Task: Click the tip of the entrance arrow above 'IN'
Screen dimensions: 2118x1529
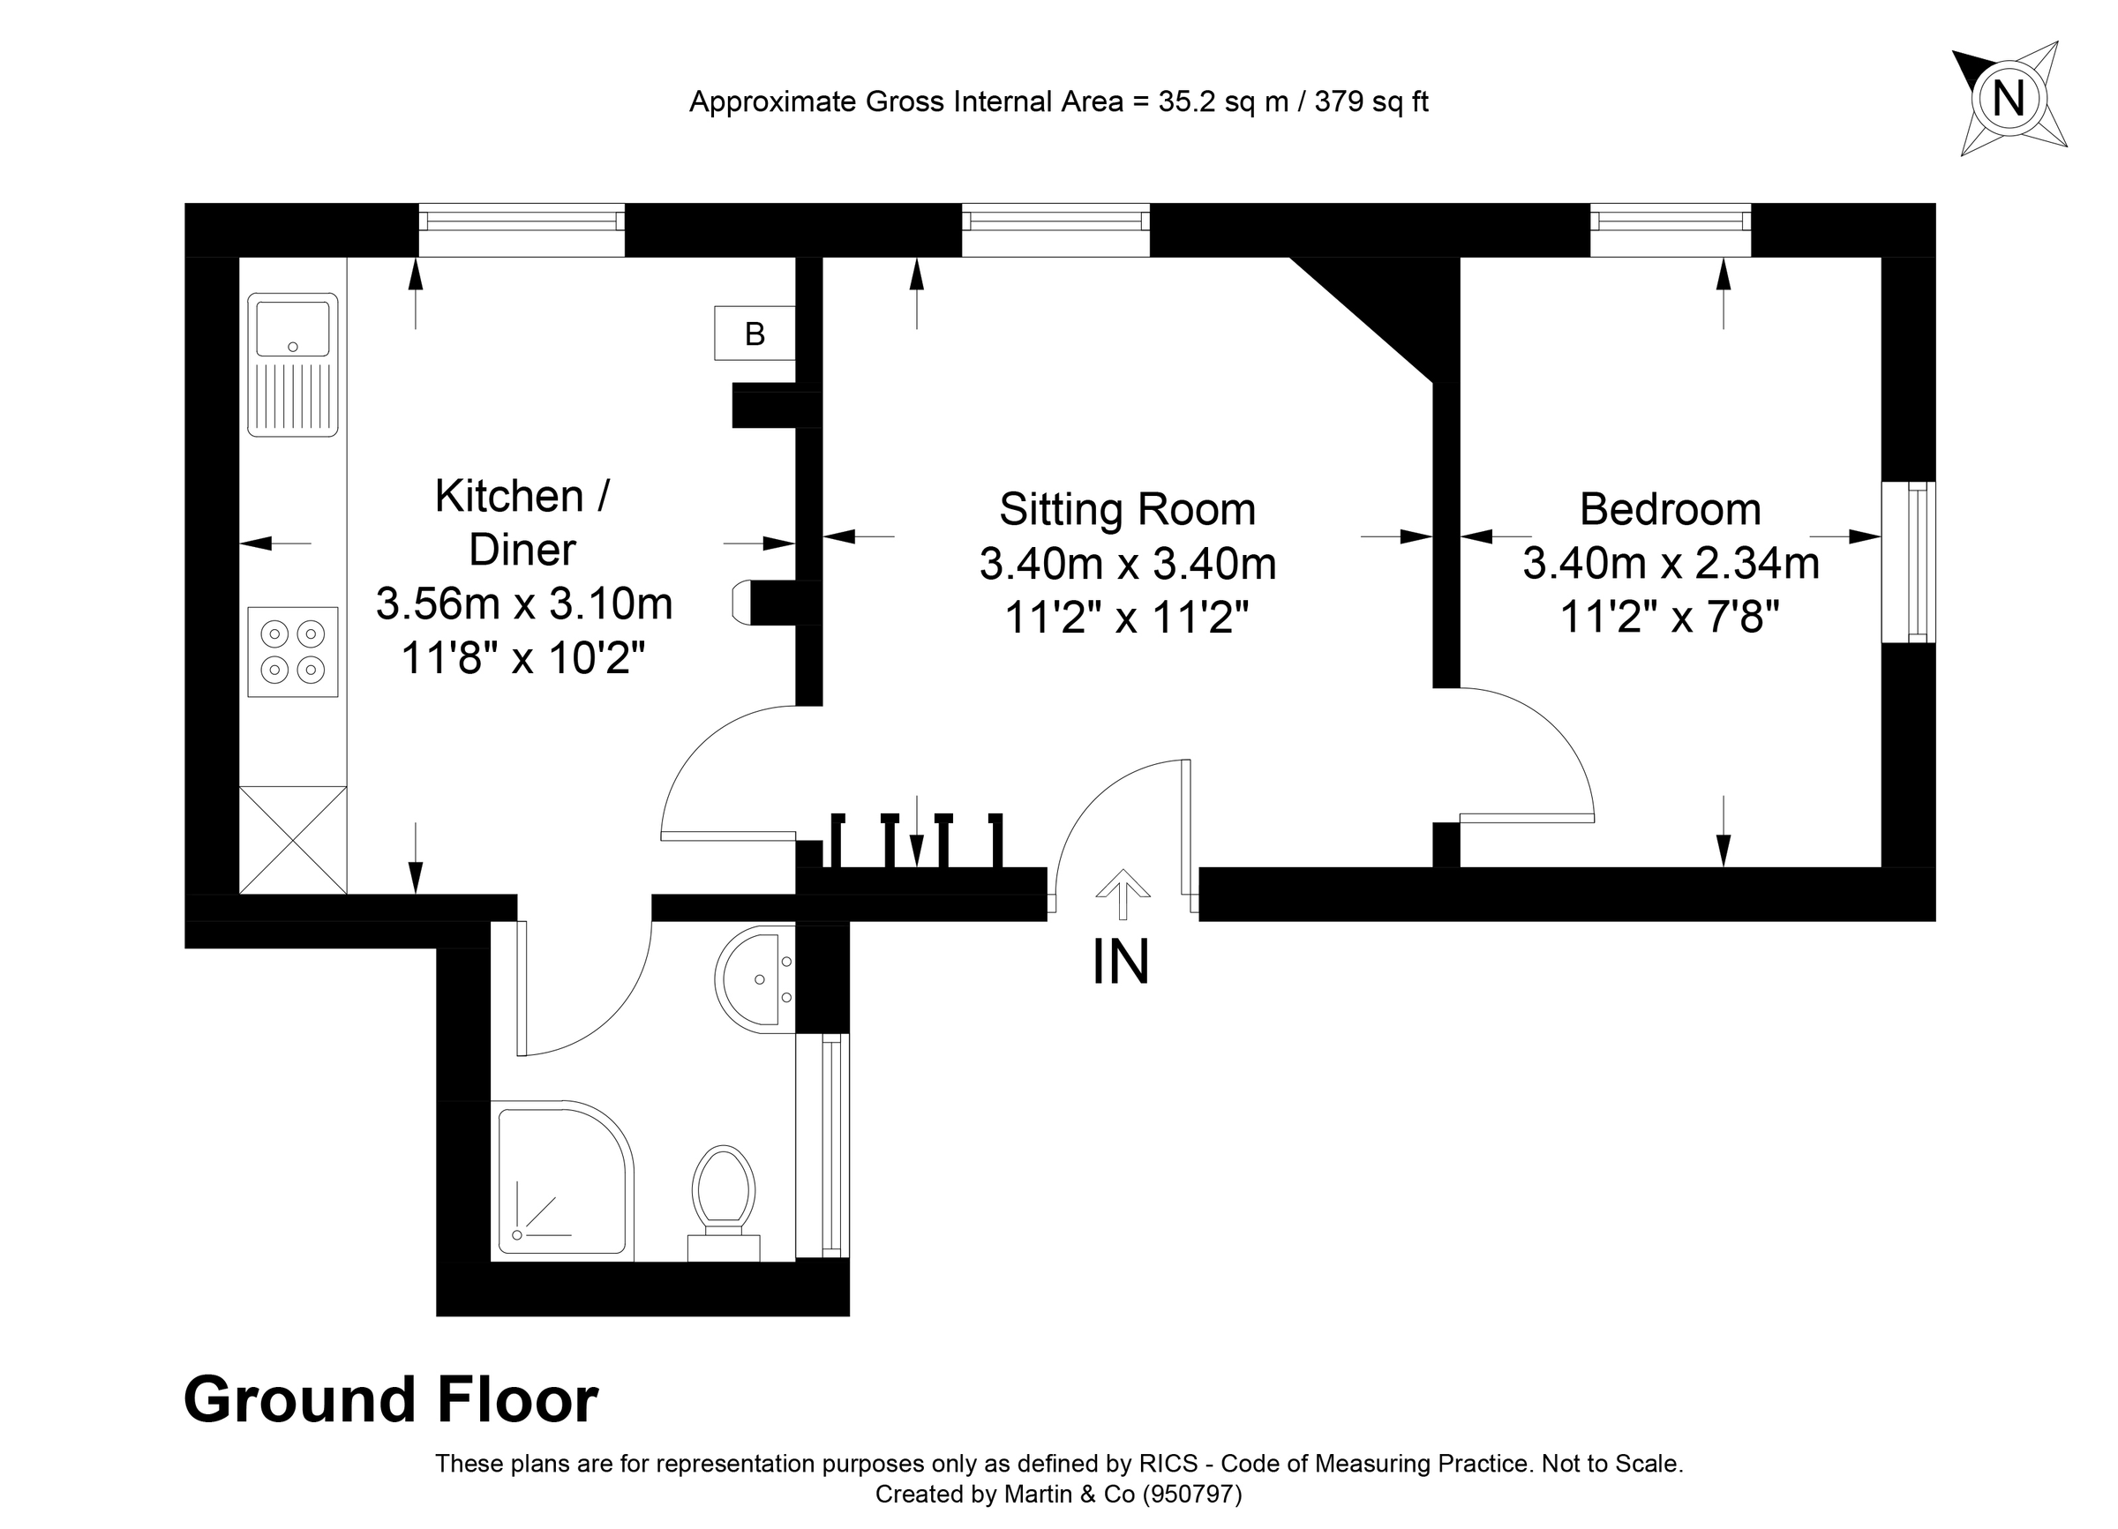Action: click(1123, 870)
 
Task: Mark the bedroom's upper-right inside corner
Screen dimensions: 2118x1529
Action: click(1881, 257)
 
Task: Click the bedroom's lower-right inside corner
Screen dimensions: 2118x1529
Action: click(1881, 867)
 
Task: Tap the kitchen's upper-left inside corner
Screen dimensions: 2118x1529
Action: click(240, 257)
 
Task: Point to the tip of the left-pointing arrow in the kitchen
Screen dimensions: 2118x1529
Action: click(241, 543)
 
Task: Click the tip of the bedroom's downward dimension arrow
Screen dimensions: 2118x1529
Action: click(1724, 866)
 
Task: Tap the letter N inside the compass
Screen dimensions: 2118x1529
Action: click(2009, 98)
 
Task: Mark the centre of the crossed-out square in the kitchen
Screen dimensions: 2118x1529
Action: click(293, 840)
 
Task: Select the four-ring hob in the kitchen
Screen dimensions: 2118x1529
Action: click(292, 651)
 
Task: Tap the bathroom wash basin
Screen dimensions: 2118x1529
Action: click(755, 979)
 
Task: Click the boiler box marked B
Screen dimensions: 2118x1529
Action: click(755, 334)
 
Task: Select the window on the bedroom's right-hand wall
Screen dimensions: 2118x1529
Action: click(1909, 562)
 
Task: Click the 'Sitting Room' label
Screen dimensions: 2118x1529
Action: click(1127, 510)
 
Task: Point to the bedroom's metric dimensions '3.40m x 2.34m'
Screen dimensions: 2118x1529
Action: click(1671, 564)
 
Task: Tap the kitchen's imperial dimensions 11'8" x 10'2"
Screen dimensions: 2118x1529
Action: click(523, 658)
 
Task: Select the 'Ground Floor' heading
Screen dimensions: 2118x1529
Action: click(390, 1399)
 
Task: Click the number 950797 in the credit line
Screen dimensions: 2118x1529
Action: click(1192, 1495)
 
